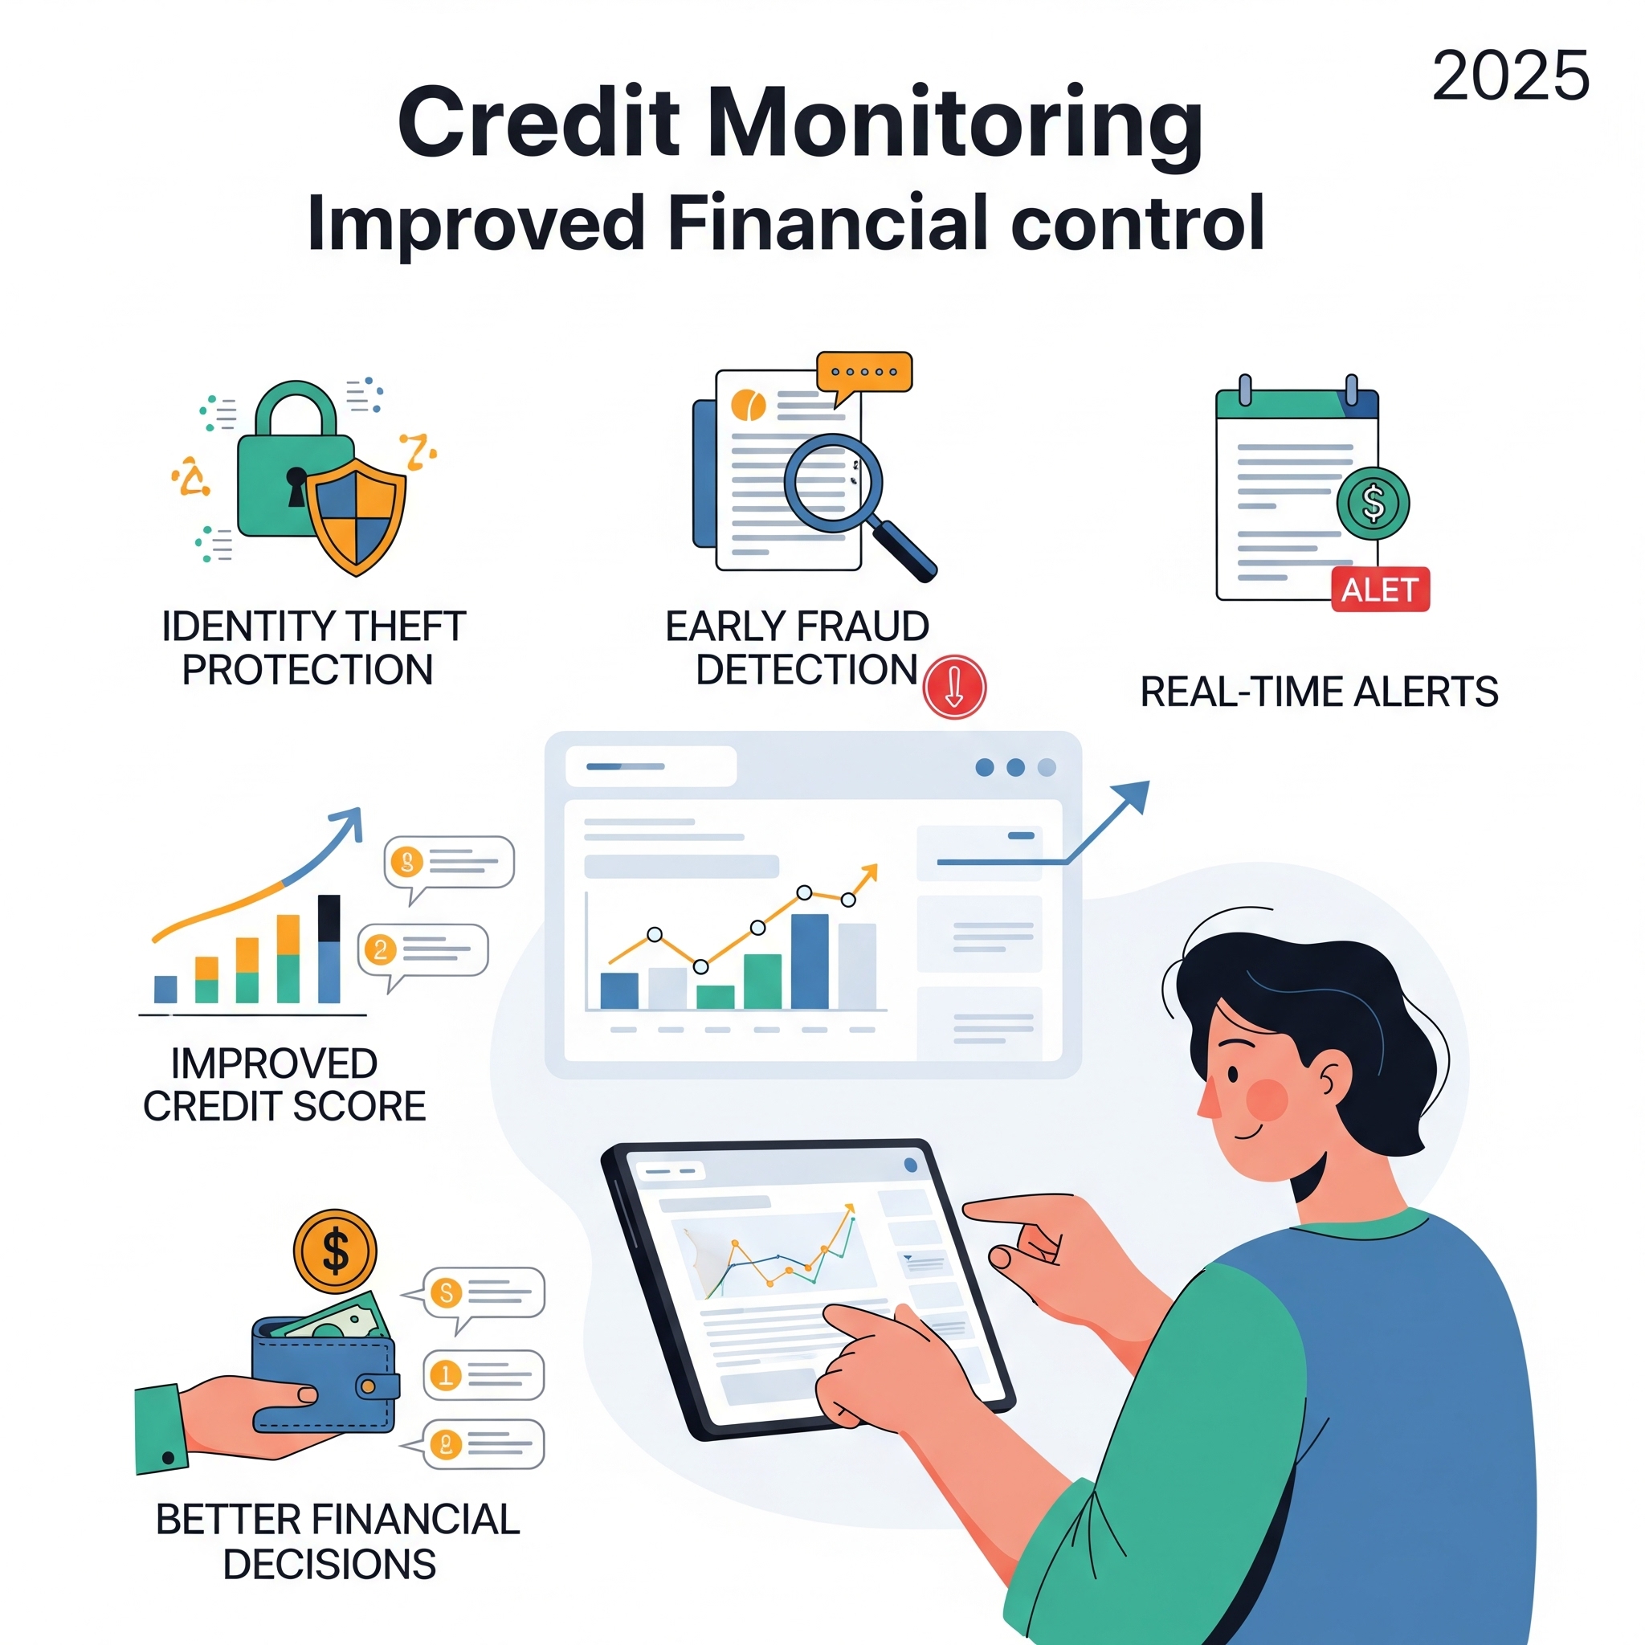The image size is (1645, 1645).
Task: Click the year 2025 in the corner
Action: click(1509, 76)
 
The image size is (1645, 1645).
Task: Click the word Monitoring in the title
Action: click(954, 125)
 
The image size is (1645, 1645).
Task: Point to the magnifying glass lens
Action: click(833, 483)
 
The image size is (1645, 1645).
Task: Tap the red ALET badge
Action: click(1380, 590)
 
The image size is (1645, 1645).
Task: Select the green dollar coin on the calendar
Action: click(1373, 502)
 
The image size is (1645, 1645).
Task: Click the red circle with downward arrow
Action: click(954, 686)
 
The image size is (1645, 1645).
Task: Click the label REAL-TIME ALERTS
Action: click(1319, 692)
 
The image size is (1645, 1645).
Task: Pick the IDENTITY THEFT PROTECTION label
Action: click(312, 648)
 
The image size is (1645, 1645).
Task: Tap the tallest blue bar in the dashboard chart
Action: click(810, 961)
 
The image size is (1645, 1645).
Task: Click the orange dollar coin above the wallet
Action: click(335, 1251)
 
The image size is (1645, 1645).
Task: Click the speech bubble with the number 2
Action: click(423, 952)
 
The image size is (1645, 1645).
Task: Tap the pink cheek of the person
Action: click(1267, 1100)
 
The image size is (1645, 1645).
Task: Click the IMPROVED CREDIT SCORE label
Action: click(284, 1084)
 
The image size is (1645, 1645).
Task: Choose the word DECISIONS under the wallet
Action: click(329, 1564)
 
